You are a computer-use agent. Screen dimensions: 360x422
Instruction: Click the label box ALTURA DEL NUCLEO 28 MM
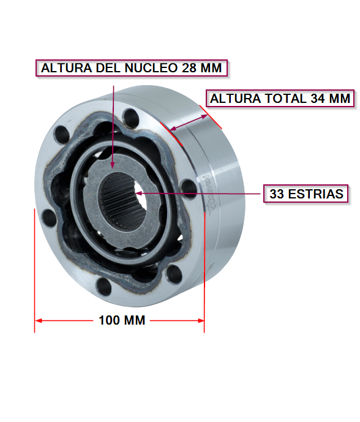tap(132, 68)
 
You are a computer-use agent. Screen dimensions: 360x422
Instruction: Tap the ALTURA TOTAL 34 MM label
tap(280, 99)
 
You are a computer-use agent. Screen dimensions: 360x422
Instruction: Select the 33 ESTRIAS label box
tap(306, 194)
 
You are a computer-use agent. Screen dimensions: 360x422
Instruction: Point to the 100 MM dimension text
tap(122, 320)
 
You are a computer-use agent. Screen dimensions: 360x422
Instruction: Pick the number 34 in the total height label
tap(318, 99)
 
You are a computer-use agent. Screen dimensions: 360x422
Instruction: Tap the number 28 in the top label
tap(189, 68)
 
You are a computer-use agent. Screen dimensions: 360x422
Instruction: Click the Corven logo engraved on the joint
tap(211, 192)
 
